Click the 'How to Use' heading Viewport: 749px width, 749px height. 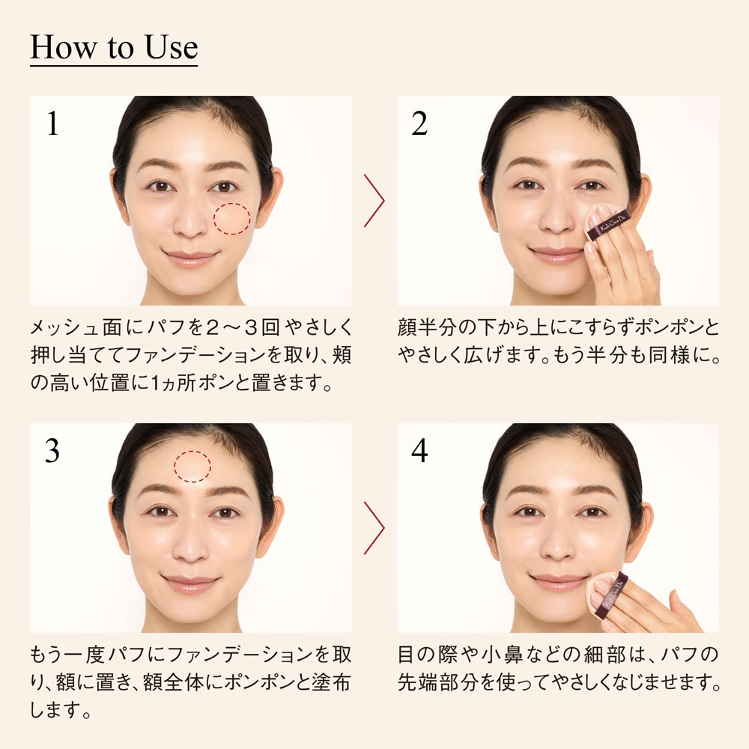114,47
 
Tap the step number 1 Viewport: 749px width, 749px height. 52,124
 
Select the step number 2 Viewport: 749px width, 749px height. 419,124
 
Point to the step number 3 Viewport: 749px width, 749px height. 52,450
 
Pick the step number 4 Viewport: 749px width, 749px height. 419,450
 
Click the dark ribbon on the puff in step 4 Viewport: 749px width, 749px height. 616,592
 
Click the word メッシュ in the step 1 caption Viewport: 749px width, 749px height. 64,327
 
